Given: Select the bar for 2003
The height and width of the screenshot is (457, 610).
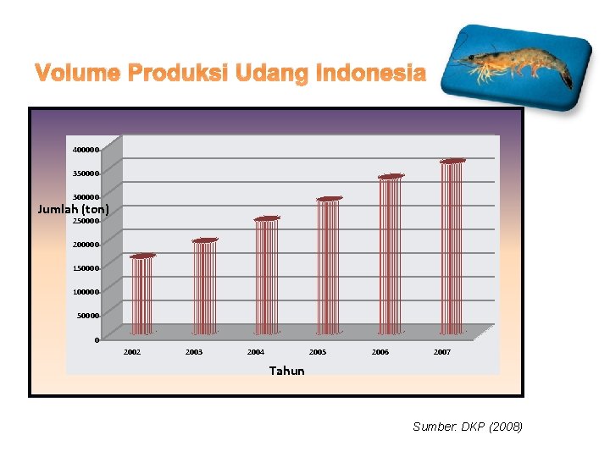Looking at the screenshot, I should (205, 287).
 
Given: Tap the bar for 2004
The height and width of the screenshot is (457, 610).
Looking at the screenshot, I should (266, 276).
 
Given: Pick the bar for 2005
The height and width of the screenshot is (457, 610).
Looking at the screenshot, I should (329, 266).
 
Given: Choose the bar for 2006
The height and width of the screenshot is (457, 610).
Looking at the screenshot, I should (391, 255).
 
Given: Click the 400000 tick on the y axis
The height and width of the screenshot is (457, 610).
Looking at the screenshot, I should (86, 150).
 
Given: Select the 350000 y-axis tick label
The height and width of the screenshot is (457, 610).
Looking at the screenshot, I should (86, 173).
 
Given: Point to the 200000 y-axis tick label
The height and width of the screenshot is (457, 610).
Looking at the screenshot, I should (86, 245).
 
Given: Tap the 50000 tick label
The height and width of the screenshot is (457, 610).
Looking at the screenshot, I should (88, 316).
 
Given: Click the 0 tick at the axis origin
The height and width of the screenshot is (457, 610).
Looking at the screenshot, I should (97, 340).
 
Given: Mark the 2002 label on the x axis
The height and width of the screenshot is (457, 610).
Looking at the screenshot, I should (132, 352).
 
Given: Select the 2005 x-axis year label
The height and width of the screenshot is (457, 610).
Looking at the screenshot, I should (318, 352).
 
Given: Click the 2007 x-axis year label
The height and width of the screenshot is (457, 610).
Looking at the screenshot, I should (442, 352).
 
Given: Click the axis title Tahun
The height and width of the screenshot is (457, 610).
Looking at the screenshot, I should (286, 371).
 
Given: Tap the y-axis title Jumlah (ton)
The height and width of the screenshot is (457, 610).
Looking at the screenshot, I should (74, 208).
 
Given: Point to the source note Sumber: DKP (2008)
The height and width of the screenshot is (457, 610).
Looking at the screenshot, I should (468, 427).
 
